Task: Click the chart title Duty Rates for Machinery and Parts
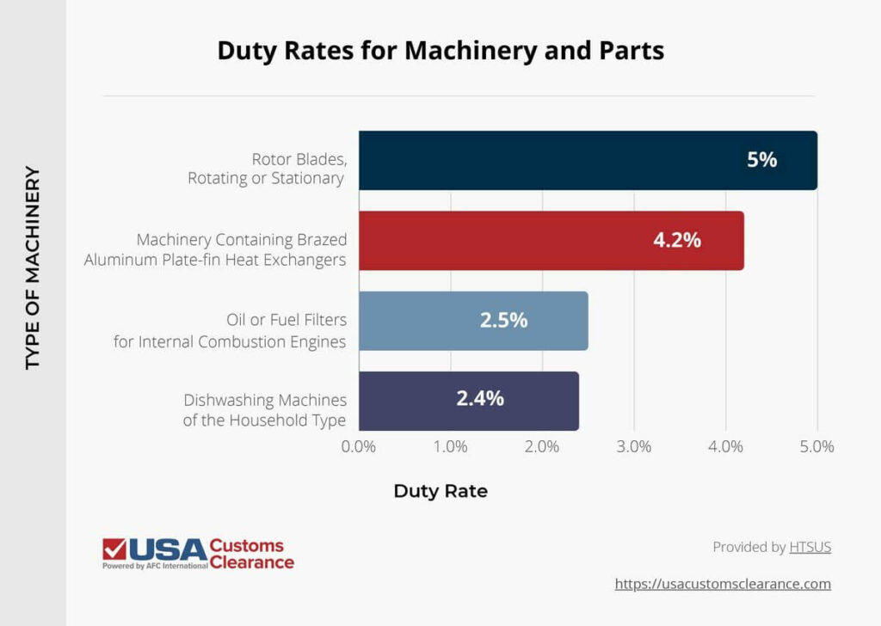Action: (440, 51)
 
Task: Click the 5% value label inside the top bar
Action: (761, 160)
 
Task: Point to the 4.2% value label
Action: (676, 241)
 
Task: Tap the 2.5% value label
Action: (503, 321)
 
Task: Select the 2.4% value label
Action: (479, 399)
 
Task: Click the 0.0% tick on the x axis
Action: (359, 447)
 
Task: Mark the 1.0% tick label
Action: (451, 447)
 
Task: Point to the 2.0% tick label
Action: (542, 447)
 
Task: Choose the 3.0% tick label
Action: (634, 447)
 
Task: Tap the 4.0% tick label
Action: (725, 447)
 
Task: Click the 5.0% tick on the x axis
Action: (816, 447)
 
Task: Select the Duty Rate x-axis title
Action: (440, 491)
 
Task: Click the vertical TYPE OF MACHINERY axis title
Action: (33, 267)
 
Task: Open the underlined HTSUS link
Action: (810, 547)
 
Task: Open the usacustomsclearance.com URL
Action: (723, 584)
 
